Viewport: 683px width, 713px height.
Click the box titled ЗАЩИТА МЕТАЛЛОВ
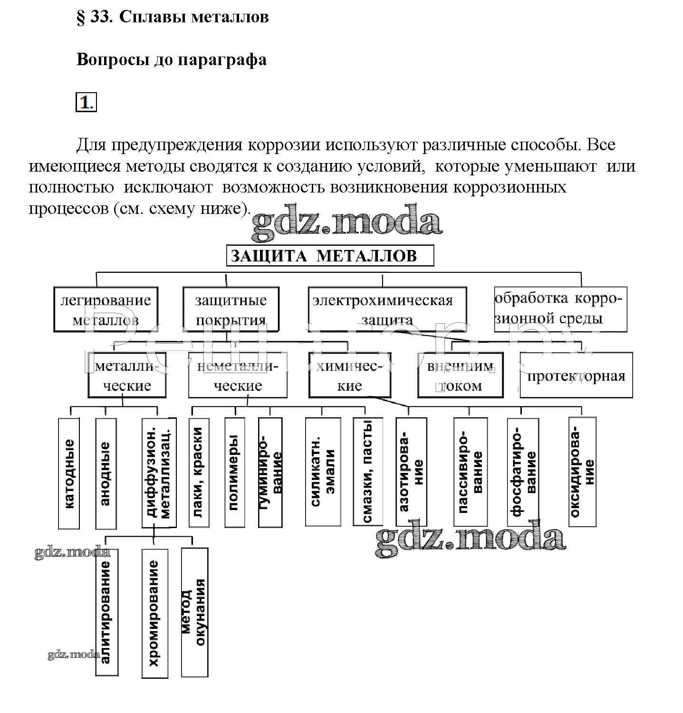click(x=330, y=256)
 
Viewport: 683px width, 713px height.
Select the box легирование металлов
click(x=106, y=309)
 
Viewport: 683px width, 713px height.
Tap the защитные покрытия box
click(x=231, y=309)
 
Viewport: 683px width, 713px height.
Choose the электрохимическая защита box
click(x=387, y=309)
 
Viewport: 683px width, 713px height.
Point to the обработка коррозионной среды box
click(x=560, y=309)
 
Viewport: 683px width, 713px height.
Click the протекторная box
click(x=576, y=376)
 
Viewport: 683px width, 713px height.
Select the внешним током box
click(x=460, y=376)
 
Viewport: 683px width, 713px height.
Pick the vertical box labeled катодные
click(x=69, y=473)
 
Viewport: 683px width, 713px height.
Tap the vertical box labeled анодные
click(x=106, y=473)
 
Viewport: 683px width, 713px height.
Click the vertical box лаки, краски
click(x=199, y=472)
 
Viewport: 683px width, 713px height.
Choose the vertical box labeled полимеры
click(x=234, y=472)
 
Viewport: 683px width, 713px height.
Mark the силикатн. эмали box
click(x=323, y=472)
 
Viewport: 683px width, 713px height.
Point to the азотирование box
click(x=411, y=472)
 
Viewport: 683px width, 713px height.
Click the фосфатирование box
click(x=523, y=472)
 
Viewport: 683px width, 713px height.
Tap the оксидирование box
click(x=582, y=472)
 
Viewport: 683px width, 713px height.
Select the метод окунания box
click(x=194, y=612)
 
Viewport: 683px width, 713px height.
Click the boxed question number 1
click(x=86, y=103)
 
